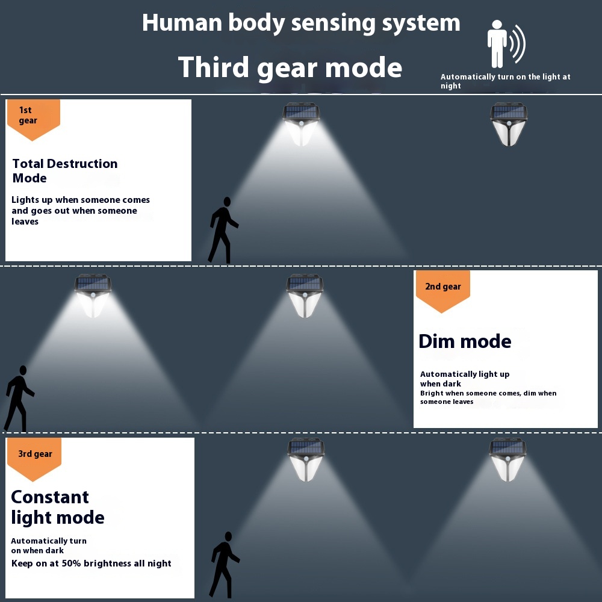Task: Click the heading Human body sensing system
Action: coord(301,23)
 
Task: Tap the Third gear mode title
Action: coord(290,67)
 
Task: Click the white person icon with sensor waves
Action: coord(506,44)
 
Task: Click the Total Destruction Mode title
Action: coord(65,171)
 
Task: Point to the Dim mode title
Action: coord(465,341)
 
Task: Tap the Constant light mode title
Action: coord(58,507)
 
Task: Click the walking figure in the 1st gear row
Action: coord(222,231)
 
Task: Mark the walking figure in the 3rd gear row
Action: coord(224,565)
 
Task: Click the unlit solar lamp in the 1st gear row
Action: coord(508,124)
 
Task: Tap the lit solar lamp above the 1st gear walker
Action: coord(302,124)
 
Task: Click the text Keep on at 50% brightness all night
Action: coord(92,563)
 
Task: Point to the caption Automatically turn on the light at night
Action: coord(505,81)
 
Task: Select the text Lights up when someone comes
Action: coord(81,200)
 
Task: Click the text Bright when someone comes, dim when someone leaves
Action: coord(488,397)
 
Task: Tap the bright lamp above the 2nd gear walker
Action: coord(93,296)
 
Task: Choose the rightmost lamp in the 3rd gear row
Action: coord(507,459)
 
